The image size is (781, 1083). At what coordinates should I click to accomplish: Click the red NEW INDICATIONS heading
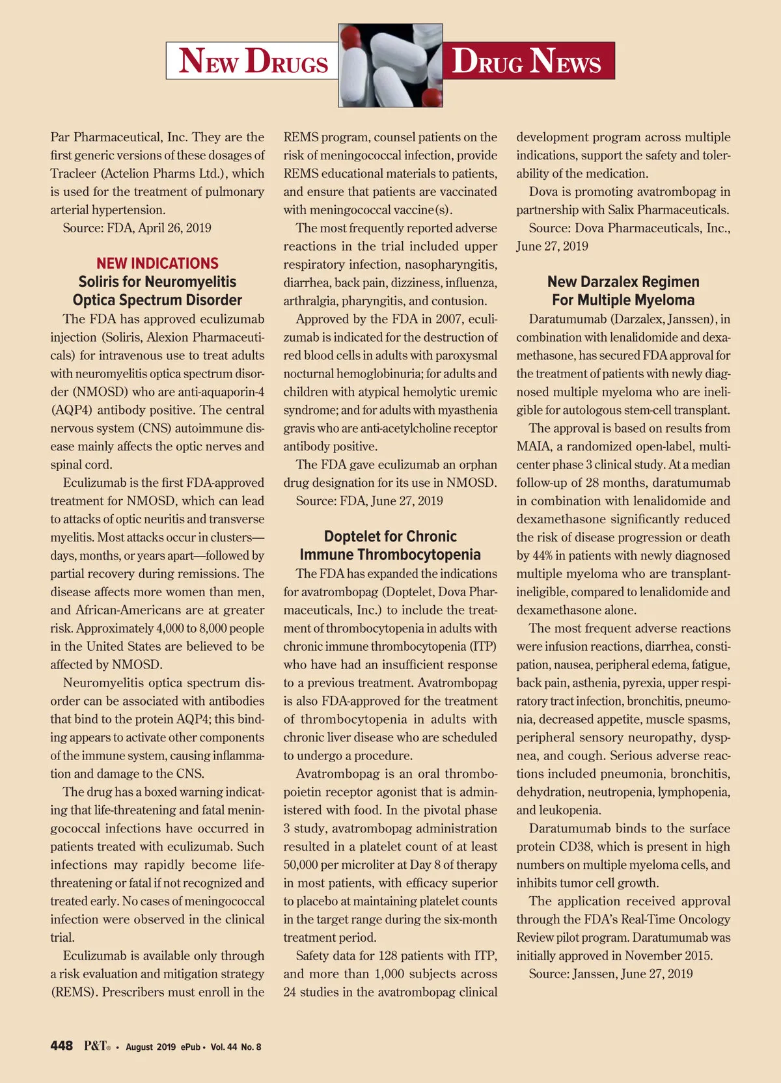click(x=158, y=264)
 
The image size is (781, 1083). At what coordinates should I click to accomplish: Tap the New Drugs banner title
click(x=253, y=61)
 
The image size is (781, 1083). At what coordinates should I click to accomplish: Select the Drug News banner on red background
click(x=527, y=61)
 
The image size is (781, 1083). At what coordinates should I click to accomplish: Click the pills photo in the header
click(x=390, y=66)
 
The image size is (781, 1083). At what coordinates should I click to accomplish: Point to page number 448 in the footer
click(x=62, y=1046)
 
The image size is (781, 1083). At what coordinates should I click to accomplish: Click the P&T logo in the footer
click(x=96, y=1046)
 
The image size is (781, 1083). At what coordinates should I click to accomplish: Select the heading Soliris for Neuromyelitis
click(x=158, y=282)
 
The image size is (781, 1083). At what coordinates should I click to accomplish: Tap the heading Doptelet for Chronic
click(x=390, y=536)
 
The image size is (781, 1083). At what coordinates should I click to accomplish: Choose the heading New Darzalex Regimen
click(x=623, y=282)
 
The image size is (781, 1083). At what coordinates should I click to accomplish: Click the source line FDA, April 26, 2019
click(x=137, y=228)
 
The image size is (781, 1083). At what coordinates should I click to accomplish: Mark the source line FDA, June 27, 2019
click(x=369, y=500)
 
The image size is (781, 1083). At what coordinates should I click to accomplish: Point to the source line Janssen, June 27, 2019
click(x=610, y=974)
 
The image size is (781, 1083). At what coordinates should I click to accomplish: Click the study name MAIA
click(x=533, y=446)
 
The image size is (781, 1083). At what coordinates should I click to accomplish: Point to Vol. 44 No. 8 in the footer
click(x=236, y=1047)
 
